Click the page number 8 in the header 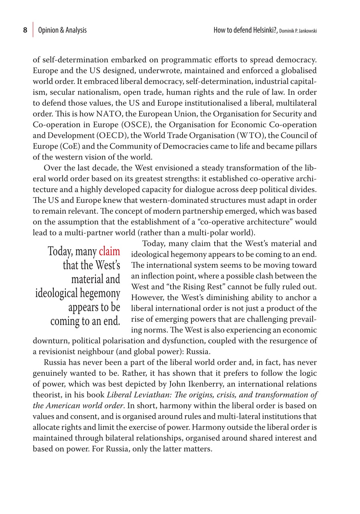click(x=25, y=30)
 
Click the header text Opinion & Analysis click(x=62, y=30)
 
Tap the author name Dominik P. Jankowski click(x=298, y=31)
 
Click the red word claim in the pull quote click(x=109, y=252)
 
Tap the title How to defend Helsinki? click(x=246, y=30)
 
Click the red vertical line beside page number click(x=33, y=30)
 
